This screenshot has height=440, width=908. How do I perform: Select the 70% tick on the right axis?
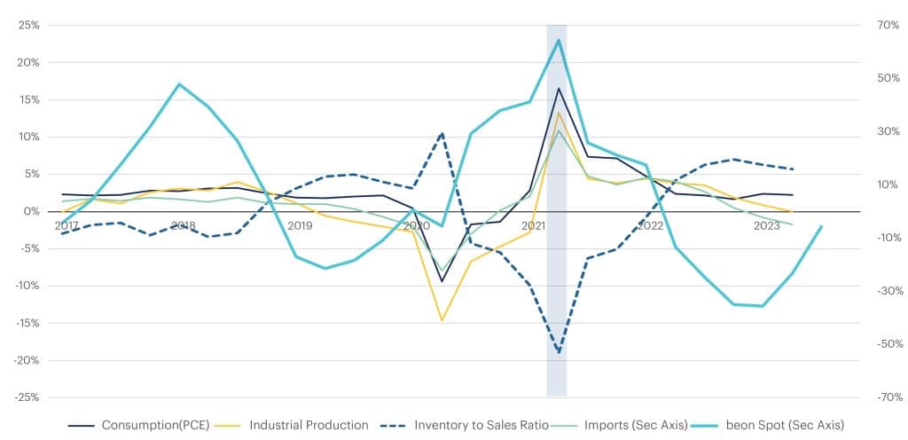pos(888,26)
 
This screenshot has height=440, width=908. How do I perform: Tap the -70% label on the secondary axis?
pos(888,397)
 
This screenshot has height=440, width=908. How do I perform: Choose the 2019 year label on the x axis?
pos(300,226)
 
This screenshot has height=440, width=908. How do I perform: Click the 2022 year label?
pos(650,226)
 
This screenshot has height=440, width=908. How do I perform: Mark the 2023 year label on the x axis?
pos(766,226)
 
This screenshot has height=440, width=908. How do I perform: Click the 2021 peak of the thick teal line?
pos(559,40)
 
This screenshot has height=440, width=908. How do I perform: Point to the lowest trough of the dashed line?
pos(559,352)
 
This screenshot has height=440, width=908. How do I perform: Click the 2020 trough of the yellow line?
pos(442,320)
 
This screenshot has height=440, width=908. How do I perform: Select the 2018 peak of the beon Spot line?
pos(179,84)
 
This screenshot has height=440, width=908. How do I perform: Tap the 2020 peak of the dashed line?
pos(442,133)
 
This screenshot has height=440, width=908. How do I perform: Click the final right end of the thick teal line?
pos(822,226)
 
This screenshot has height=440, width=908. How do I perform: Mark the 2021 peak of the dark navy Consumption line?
pos(559,88)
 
